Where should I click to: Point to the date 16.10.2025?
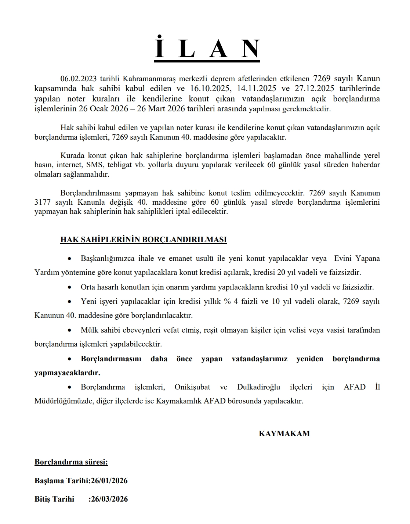tap(208, 89)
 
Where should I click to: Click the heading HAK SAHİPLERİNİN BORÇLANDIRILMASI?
tap(144, 240)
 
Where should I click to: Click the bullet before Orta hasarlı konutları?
tap(70, 287)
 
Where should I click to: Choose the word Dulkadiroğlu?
tap(258, 387)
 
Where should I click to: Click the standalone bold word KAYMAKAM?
tap(284, 434)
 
